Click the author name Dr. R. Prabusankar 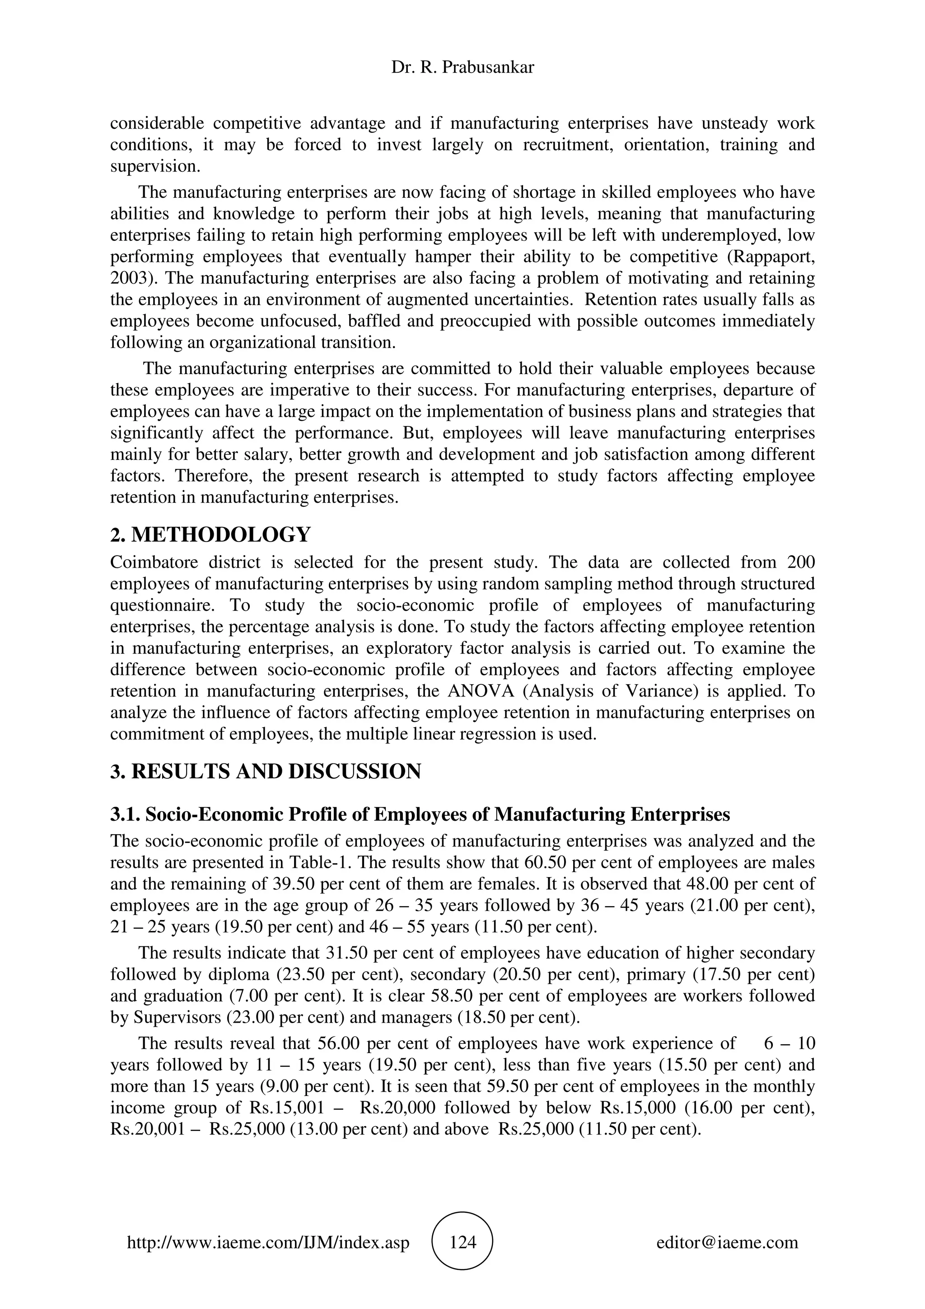coord(462,68)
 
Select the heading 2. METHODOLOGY coord(210,535)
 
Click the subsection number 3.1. coord(125,814)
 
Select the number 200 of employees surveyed coord(800,562)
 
